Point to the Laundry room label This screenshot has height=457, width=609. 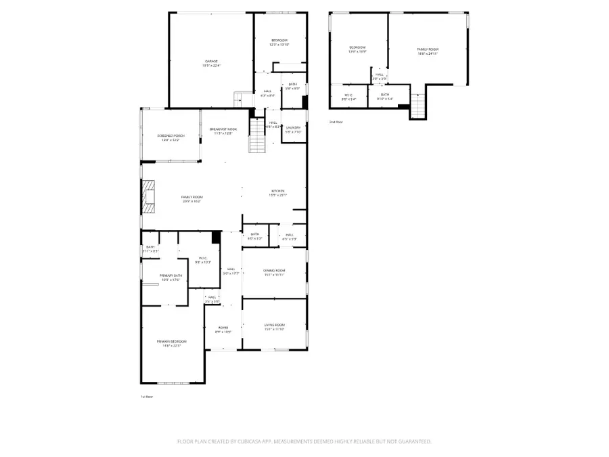click(293, 129)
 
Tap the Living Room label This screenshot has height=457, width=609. click(274, 327)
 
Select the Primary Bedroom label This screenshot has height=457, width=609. click(172, 343)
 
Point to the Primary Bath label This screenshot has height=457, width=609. click(171, 277)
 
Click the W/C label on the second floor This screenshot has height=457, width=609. click(348, 96)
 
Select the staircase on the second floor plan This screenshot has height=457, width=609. click(419, 106)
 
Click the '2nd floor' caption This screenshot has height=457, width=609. click(336, 122)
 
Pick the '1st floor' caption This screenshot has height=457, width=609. click(147, 397)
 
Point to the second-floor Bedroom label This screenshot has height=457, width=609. click(357, 49)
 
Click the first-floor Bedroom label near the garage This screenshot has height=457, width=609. click(279, 42)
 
